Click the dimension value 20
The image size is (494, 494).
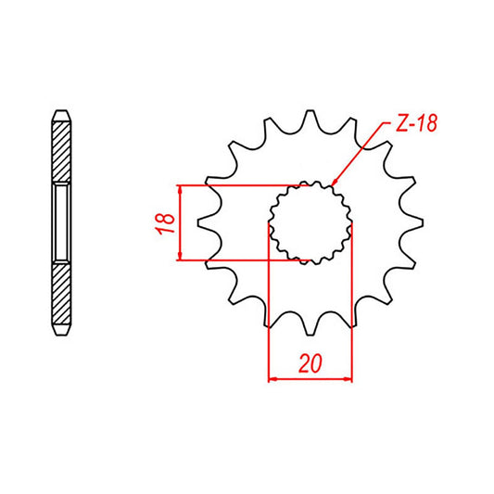coord(310,364)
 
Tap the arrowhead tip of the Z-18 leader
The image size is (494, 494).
coord(330,182)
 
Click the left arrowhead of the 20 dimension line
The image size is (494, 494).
coord(272,378)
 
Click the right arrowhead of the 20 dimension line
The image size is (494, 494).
coord(349,378)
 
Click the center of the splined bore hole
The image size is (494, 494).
coord(310,222)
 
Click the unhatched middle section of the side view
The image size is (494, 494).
coord(59,222)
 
